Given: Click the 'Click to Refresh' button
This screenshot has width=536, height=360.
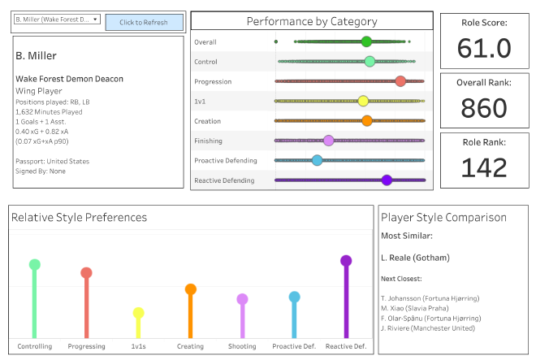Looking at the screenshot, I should tap(144, 22).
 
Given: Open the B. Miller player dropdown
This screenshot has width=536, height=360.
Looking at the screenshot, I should tap(57, 19).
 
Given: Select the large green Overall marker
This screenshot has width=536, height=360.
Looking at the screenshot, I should tap(366, 41).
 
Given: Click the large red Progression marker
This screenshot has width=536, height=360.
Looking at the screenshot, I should tap(400, 80).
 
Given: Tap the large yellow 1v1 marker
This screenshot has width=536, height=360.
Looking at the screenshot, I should tap(363, 101).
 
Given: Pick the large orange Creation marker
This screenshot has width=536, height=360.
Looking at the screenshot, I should tap(366, 121).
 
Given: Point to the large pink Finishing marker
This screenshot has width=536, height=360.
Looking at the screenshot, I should tap(328, 141).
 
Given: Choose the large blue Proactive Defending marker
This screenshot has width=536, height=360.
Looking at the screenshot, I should tap(317, 160).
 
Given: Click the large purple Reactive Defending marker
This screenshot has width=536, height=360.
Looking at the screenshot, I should tap(387, 180).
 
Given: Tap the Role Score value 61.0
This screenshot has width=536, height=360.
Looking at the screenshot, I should tap(484, 49).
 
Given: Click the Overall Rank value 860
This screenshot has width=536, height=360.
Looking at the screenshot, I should tap(484, 108).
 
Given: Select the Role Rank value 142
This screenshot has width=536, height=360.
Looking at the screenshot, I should tap(484, 167).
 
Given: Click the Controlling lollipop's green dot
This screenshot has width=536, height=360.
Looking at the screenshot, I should tap(34, 264).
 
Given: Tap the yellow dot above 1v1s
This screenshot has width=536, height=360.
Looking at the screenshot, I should tap(138, 313).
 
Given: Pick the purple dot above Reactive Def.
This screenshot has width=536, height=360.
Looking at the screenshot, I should tap(346, 261).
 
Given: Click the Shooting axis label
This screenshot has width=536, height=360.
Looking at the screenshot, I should tap(242, 347).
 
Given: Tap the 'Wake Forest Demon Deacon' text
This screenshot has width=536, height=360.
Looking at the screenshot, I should tap(69, 79).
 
